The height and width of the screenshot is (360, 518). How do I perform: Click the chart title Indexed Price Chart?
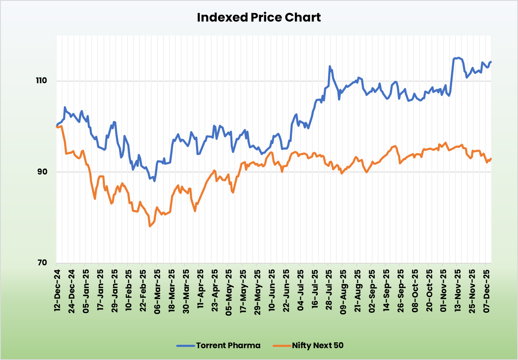259,18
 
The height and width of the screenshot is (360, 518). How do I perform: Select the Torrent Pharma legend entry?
228,346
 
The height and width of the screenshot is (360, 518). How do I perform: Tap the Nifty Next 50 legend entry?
317,346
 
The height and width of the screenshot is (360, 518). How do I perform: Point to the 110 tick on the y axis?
43,81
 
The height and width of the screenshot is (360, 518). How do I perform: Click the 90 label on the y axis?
44,172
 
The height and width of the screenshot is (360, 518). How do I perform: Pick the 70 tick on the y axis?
44,262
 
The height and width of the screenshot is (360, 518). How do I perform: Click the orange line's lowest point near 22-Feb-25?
150,226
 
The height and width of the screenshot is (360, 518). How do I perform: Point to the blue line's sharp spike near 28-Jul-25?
330,66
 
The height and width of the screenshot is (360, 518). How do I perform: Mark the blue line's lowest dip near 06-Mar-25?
155,181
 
